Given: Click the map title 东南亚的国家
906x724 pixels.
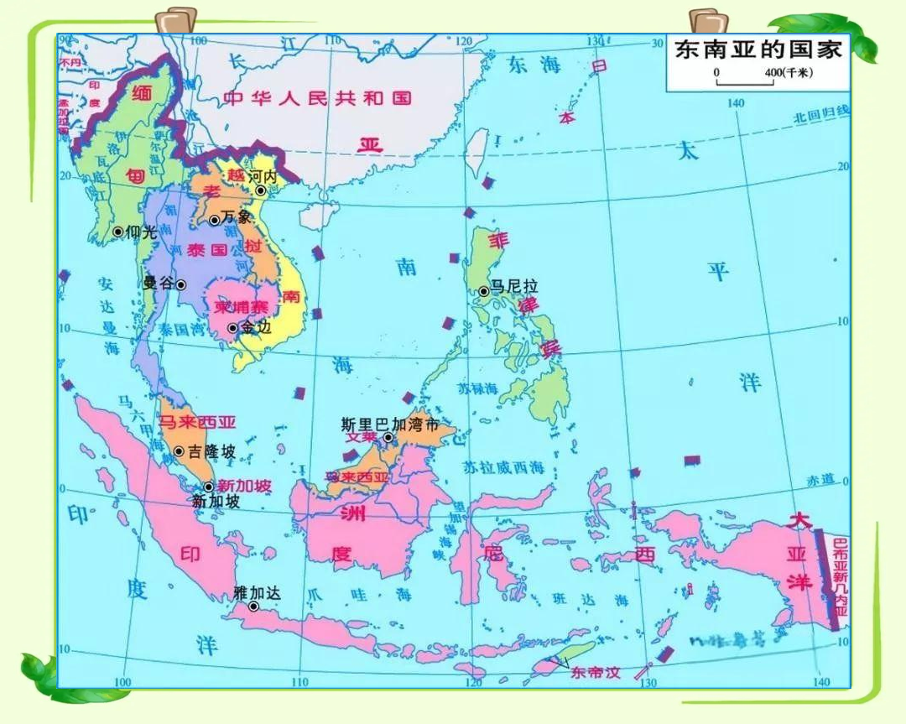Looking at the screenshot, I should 758,49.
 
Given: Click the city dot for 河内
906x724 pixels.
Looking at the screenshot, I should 261,191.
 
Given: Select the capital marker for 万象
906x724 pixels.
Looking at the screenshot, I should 215,221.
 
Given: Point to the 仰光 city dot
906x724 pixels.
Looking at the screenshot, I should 117,232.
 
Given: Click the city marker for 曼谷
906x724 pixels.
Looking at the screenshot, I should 180,284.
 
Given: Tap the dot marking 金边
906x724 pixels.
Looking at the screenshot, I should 232,328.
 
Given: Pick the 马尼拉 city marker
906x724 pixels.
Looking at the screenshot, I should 484,292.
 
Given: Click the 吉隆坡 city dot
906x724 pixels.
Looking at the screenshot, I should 179,451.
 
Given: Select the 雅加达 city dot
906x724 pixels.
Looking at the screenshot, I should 253,606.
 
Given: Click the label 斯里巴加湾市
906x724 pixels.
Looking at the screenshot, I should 390,425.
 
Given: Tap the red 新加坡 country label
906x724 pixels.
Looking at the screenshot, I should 244,486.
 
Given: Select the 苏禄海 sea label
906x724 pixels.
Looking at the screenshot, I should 478,388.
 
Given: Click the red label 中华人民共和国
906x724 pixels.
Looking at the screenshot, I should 318,98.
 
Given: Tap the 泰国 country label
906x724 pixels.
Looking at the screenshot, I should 184,250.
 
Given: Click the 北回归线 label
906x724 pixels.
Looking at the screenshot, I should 821,113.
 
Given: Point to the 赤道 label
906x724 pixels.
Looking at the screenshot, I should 820,479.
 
